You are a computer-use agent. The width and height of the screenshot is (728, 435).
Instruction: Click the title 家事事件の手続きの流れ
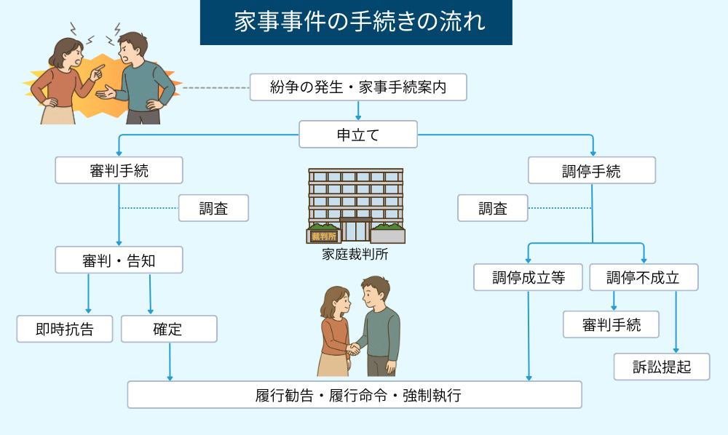(x=356, y=22)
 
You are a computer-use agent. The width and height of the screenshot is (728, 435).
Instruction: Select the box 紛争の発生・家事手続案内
(x=357, y=87)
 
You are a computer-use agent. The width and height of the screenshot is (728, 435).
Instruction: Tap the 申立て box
(x=358, y=135)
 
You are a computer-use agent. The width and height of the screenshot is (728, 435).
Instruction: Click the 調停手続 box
(x=591, y=171)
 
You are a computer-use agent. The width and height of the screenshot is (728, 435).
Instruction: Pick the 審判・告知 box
(x=119, y=260)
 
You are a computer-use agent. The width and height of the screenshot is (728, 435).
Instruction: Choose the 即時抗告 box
(x=65, y=329)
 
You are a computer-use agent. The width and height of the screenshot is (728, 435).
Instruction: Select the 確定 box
(x=168, y=329)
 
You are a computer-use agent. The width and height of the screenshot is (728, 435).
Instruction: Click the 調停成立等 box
(x=528, y=277)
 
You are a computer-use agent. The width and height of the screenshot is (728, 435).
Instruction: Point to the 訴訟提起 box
(x=662, y=367)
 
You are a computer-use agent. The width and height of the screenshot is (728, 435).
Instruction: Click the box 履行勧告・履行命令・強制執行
(x=355, y=395)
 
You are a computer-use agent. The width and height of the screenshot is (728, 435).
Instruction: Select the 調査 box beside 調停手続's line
(x=493, y=209)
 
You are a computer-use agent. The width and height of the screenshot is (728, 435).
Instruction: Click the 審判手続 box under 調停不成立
(x=611, y=324)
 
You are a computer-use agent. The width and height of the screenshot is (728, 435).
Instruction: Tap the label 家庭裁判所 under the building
(x=355, y=255)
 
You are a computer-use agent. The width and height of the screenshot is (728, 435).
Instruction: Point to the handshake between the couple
(x=355, y=349)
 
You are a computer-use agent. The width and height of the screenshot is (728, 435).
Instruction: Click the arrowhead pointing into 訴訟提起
(x=676, y=350)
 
